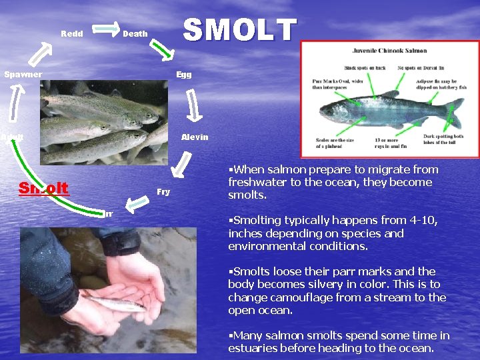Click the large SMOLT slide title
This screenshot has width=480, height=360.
coord(239,30)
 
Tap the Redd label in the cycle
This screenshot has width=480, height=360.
coord(72,33)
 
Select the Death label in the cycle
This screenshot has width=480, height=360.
coord(135,33)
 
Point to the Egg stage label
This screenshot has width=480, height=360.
coord(184,75)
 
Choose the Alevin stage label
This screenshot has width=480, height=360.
coord(195,137)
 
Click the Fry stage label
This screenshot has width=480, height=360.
coord(163,192)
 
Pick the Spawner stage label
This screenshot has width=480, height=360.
coord(23,75)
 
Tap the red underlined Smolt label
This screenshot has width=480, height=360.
coord(44,188)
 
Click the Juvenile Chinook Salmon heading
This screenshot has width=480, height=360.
coord(390,51)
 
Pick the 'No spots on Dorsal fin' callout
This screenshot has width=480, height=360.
coord(421,68)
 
